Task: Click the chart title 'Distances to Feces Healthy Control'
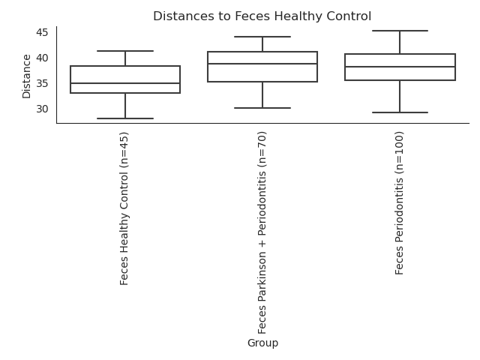[262, 16]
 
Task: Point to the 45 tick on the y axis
[42, 32]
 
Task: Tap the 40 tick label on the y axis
[42, 58]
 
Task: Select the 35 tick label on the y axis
[42, 83]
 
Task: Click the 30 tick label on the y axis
[42, 109]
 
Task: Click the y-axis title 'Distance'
[27, 76]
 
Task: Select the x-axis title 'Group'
[262, 343]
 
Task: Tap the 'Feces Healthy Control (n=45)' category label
[124, 208]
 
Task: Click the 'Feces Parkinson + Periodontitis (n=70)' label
[262, 232]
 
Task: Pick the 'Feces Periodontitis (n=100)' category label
[399, 203]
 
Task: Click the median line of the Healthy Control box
[125, 83]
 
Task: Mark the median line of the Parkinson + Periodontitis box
[262, 64]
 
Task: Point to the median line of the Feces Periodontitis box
[400, 67]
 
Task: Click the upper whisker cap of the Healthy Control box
[125, 51]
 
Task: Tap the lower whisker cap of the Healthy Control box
[125, 118]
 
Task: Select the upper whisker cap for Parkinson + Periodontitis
[262, 37]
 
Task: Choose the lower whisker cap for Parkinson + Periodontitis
[262, 108]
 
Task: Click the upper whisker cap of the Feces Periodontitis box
[400, 31]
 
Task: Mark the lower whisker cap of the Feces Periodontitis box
[400, 112]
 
